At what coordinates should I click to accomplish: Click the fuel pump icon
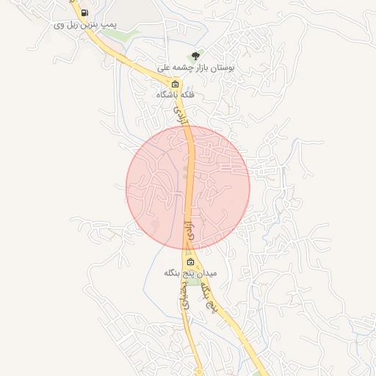(84, 13)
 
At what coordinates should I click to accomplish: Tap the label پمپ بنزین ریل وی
(85, 24)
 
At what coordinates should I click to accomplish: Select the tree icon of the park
(195, 57)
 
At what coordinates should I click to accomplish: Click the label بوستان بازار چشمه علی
(196, 67)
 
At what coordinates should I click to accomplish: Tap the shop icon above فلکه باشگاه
(175, 84)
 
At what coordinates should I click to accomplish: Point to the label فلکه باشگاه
(175, 95)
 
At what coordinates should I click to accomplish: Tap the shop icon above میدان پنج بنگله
(191, 262)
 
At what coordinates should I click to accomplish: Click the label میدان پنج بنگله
(191, 273)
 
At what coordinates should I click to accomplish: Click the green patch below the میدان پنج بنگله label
(193, 282)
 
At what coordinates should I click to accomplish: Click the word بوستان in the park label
(222, 67)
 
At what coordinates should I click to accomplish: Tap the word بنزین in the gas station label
(84, 24)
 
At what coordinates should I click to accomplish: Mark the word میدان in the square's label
(207, 273)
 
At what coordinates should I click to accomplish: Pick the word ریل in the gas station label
(68, 24)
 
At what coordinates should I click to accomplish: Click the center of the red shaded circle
(188, 187)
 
